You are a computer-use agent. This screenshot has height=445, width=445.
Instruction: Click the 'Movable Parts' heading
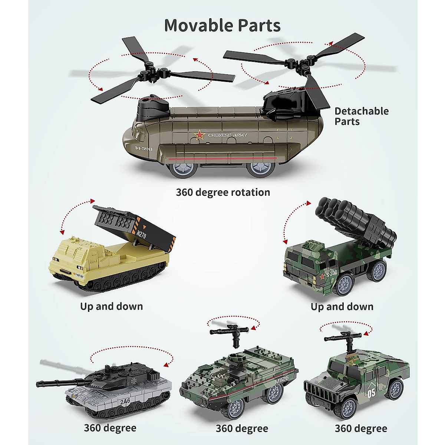tap(222, 26)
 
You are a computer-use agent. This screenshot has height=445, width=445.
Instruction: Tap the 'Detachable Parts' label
tap(361, 116)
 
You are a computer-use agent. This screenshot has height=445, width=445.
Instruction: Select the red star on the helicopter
tap(200, 135)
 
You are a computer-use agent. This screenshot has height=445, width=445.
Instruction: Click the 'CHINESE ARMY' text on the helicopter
tap(227, 135)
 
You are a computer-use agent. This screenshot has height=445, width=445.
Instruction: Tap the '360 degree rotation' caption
tap(223, 192)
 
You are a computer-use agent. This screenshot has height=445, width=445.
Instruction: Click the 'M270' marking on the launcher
tap(141, 234)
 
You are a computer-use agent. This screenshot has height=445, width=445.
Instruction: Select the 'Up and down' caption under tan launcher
tap(111, 306)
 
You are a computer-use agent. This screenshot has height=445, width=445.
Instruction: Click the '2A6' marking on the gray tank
tap(125, 401)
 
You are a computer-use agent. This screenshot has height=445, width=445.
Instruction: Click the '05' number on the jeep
tap(371, 393)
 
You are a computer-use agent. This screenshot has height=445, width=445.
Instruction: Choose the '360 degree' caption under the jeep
tap(361, 429)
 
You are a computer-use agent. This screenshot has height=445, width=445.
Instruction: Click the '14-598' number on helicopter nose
tap(143, 148)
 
